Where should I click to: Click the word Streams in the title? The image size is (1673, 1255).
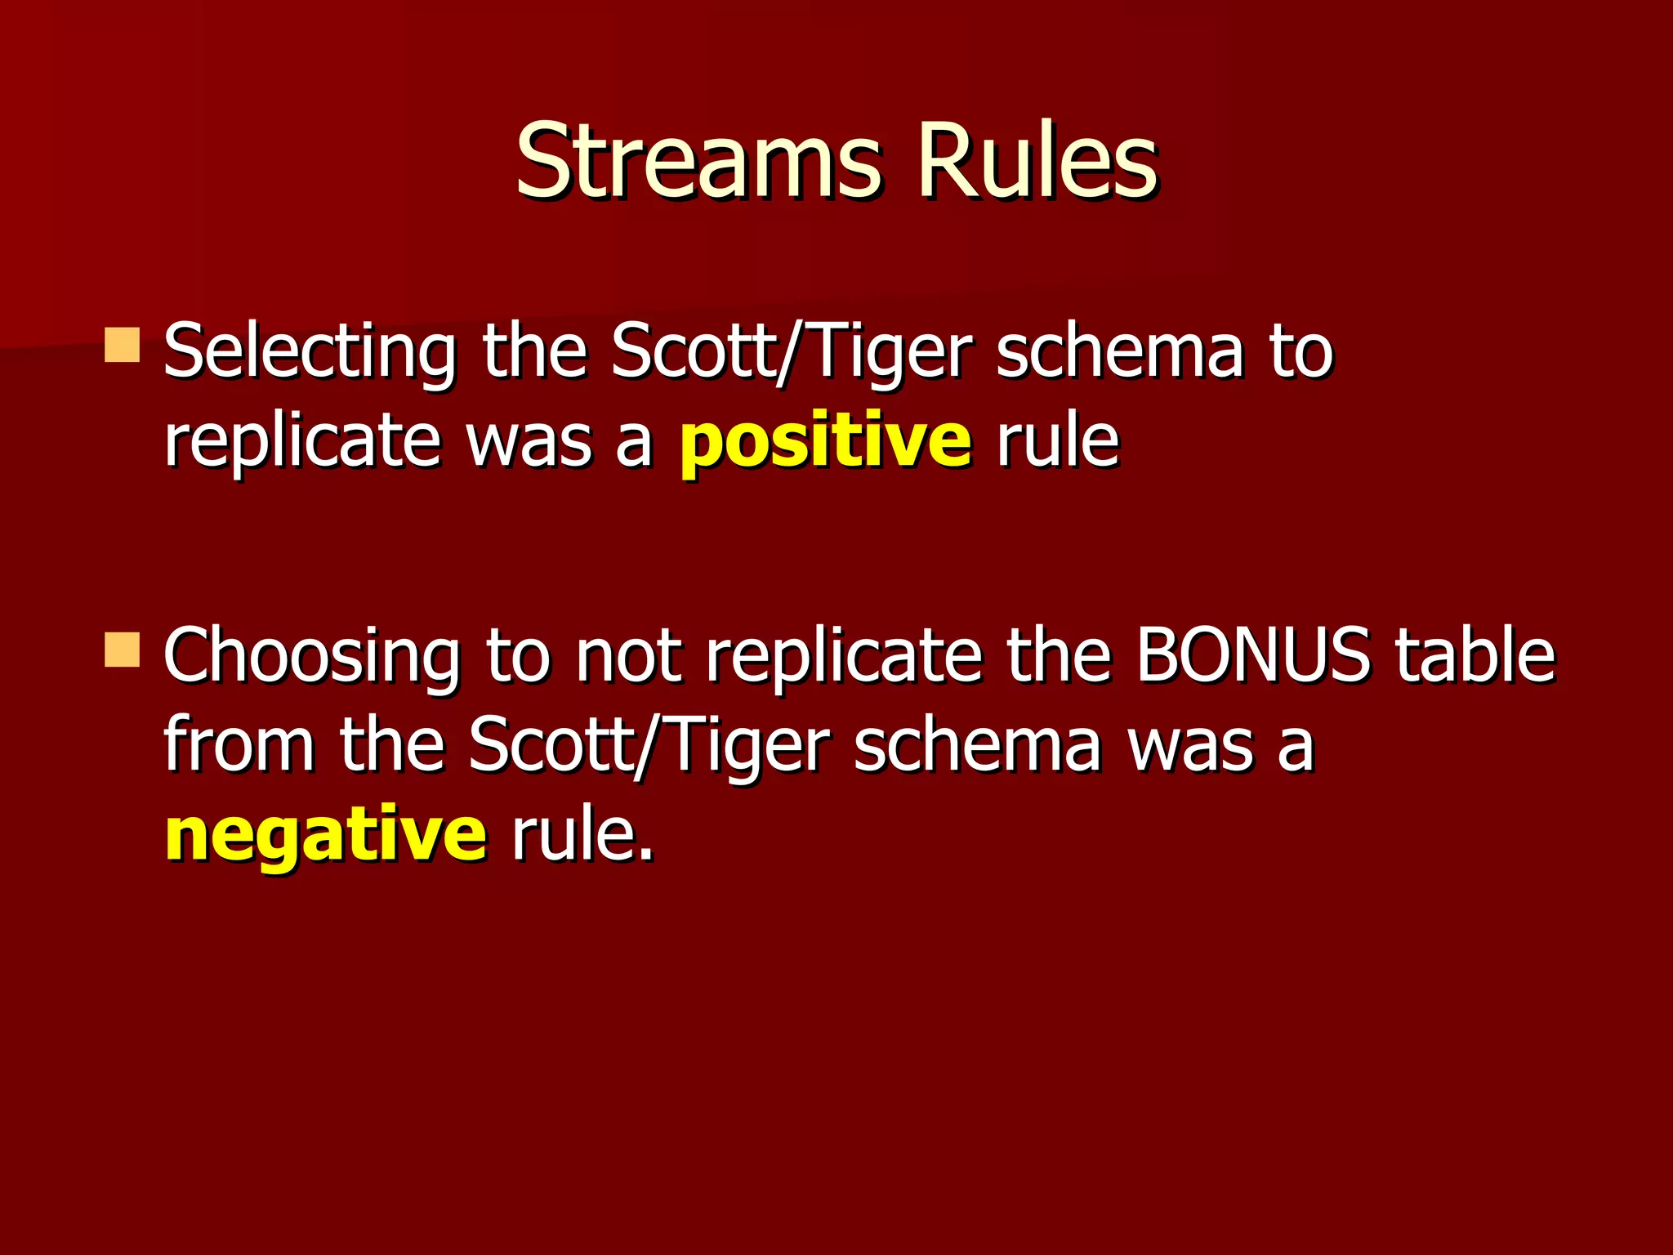point(698,161)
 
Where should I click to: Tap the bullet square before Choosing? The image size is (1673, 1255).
point(123,650)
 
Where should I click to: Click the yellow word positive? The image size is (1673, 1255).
point(826,443)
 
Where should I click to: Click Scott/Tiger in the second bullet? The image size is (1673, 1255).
point(649,745)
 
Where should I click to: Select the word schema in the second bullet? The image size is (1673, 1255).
point(977,745)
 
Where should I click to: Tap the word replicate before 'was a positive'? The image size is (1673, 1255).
point(301,443)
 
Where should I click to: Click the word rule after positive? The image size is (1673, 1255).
point(1057,441)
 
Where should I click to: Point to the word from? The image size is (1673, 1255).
point(239,745)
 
